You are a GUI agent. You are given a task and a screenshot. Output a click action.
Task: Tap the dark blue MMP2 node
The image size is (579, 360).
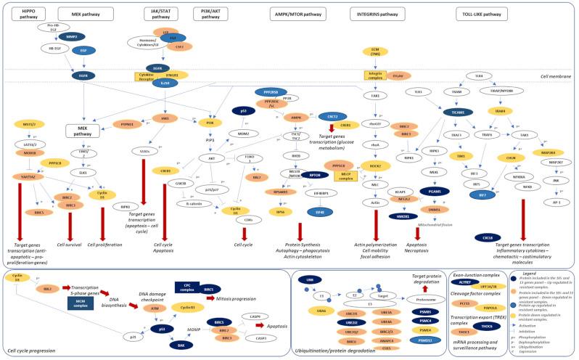click(x=71, y=36)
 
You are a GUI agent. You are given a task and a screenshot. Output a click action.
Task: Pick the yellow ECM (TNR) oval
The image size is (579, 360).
click(x=371, y=52)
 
